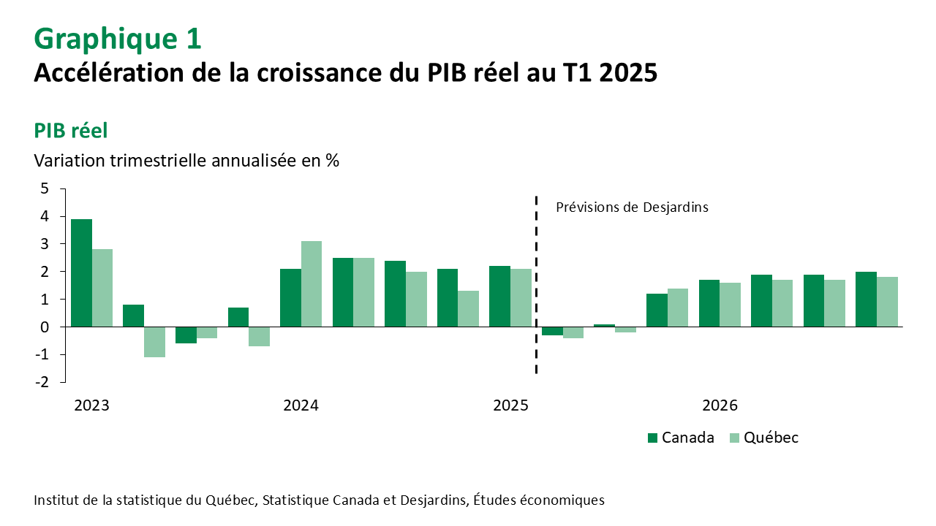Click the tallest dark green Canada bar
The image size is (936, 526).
tap(81, 272)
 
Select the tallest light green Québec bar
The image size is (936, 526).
tap(312, 283)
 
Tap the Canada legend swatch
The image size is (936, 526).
tap(653, 438)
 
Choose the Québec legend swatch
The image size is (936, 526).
tap(735, 438)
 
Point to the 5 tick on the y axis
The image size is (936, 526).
tap(45, 189)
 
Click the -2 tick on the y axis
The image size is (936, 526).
tap(42, 381)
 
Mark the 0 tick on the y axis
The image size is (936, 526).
tap(45, 327)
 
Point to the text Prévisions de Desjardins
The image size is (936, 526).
tap(632, 207)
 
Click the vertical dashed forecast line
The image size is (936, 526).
tap(537, 285)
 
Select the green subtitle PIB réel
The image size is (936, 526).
tap(71, 131)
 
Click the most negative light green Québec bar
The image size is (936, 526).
tap(154, 342)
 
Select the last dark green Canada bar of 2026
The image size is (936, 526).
tap(866, 299)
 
